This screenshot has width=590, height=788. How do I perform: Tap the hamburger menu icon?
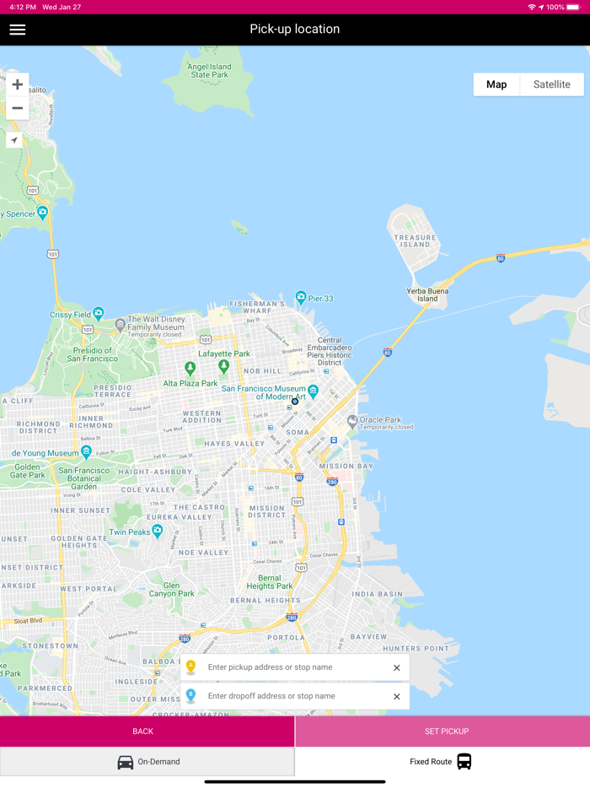click(x=18, y=30)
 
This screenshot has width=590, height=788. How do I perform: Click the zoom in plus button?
click(x=17, y=84)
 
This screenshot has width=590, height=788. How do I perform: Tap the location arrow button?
click(x=14, y=140)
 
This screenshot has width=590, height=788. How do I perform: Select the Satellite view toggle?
click(x=551, y=84)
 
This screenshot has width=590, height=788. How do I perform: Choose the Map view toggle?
click(x=496, y=84)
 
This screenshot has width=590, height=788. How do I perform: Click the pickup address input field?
click(x=295, y=667)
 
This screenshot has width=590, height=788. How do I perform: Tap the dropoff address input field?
click(x=295, y=696)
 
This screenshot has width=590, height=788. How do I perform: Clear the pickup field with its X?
click(x=397, y=668)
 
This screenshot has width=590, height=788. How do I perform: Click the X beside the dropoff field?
click(x=397, y=697)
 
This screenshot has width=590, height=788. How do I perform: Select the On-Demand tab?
click(x=147, y=762)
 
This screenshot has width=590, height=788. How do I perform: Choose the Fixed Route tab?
click(x=442, y=762)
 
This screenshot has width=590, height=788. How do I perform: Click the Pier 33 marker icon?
click(x=301, y=297)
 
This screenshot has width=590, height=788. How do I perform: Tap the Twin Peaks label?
click(x=129, y=532)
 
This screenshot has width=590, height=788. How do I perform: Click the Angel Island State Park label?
click(x=209, y=71)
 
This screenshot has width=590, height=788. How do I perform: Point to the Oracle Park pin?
click(x=352, y=420)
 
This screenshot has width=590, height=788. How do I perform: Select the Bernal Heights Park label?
click(x=270, y=582)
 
